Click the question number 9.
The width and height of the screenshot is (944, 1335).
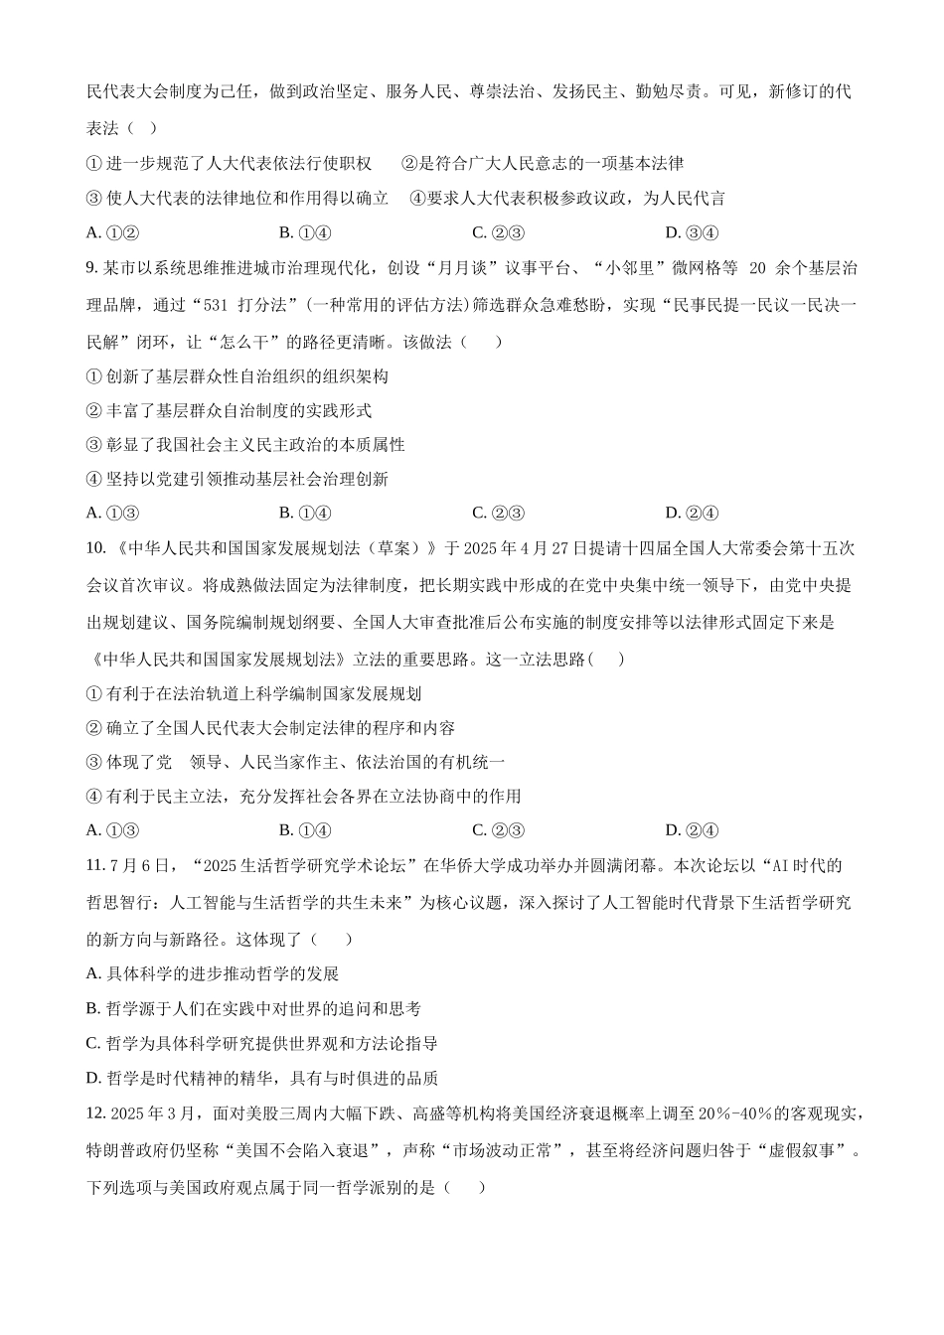92,268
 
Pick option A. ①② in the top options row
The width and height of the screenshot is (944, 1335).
111,233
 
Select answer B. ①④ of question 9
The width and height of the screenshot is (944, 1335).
305,514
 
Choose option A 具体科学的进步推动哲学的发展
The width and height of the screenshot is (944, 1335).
213,973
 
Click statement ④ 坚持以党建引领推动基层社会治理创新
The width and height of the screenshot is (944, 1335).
237,479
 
